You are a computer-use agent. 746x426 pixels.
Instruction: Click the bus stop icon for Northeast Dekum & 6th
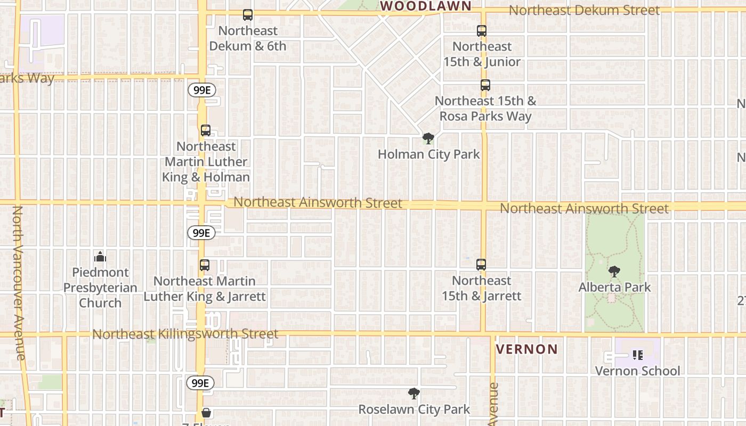248,15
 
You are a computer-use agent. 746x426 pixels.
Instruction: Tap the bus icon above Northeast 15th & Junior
482,31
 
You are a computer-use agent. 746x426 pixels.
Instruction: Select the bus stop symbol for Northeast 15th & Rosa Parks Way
485,85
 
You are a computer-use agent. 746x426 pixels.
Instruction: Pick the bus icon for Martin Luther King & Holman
206,130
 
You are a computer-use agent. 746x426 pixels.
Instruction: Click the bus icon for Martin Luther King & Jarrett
205,265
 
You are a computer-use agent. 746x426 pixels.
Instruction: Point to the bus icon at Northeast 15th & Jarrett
481,265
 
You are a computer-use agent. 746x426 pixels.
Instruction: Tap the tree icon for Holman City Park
428,139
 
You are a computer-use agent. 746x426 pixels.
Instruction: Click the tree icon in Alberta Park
614,272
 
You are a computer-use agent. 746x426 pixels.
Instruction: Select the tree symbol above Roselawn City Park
413,394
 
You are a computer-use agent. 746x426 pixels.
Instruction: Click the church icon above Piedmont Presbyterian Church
100,258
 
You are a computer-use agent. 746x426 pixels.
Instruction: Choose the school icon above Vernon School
638,355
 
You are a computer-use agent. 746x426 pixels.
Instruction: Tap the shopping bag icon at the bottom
206,413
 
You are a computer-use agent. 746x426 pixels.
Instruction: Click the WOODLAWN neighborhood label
425,6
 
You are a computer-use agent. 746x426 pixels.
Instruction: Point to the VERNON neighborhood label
527,349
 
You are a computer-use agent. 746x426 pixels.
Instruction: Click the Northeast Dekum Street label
584,10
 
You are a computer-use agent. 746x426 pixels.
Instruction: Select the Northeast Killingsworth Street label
185,334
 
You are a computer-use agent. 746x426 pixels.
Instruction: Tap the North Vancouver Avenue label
18,282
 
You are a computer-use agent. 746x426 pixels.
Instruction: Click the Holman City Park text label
429,154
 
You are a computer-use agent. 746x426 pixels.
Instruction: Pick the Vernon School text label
637,371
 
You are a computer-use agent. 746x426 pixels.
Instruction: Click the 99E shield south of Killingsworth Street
201,383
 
